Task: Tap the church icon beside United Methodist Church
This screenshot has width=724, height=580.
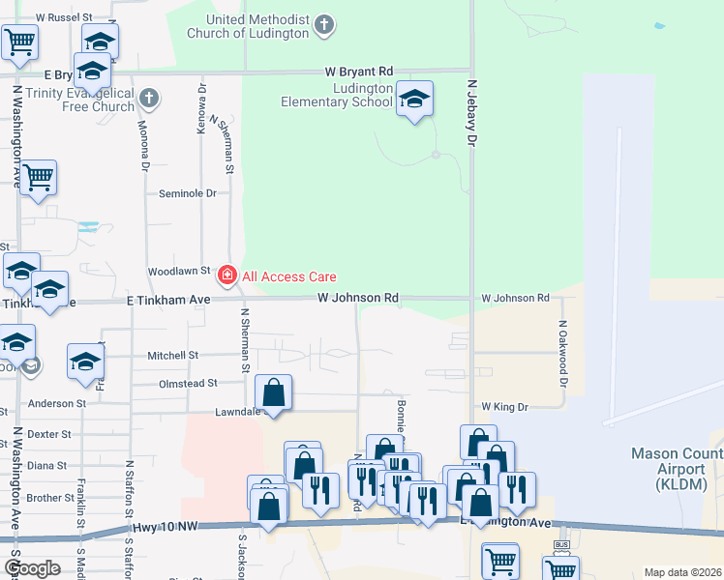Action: coord(324,25)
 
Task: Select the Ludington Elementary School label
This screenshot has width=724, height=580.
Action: coord(336,95)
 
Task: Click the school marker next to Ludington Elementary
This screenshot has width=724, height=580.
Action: coord(414,100)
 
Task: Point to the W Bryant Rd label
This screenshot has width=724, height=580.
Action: coord(359,72)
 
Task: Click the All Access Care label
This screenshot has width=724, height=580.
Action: coord(288,276)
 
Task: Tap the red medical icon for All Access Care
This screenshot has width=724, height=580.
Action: coord(227,276)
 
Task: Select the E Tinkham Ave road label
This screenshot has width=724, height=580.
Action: coord(169,301)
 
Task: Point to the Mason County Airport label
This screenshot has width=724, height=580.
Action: coord(676,462)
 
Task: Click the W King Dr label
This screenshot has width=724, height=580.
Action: coord(501,407)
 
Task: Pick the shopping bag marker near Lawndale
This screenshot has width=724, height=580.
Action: coord(274,392)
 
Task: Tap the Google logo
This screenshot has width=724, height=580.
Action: coord(32,567)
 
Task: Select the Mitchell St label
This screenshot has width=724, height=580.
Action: coord(172,356)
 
